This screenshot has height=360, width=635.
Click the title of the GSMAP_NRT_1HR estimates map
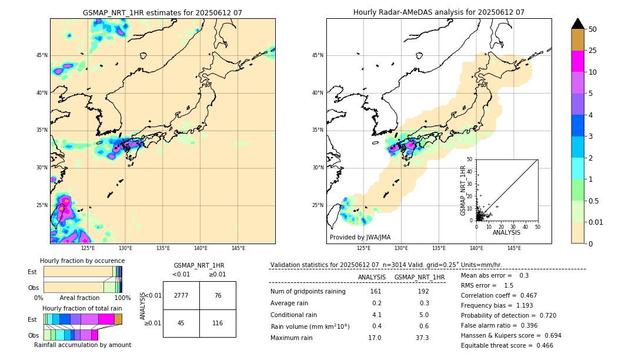[162, 12]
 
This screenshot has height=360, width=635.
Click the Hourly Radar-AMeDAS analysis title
[439, 12]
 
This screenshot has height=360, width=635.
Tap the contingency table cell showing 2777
[181, 295]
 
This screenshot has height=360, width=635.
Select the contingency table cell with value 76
[218, 295]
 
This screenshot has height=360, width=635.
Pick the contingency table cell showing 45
[181, 323]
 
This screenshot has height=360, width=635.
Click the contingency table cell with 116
[218, 323]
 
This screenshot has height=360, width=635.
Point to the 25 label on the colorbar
[593, 51]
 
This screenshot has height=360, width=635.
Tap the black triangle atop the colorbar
[578, 24]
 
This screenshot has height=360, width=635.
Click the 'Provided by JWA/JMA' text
[360, 238]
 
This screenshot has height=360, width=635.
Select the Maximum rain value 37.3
[422, 338]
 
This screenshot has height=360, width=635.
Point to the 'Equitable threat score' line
[507, 346]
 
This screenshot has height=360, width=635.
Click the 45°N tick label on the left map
[42, 55]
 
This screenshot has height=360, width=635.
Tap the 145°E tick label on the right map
[514, 248]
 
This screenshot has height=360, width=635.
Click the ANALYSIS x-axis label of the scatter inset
[506, 232]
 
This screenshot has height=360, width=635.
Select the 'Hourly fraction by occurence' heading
[82, 261]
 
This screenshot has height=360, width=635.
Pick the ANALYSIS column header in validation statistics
[372, 277]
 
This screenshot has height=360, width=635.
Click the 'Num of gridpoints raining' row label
[308, 292]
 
